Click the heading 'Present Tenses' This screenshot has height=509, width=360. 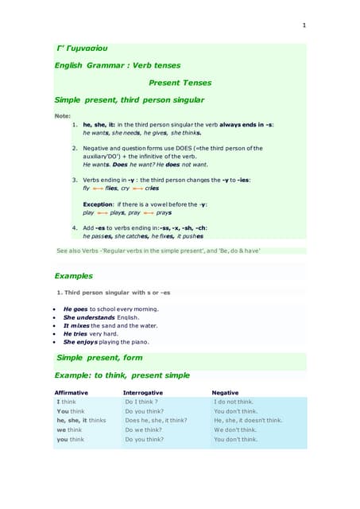click(180, 83)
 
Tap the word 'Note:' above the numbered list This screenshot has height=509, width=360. click(62, 116)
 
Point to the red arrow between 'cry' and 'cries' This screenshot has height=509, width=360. click(137, 188)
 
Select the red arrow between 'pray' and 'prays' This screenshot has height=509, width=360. click(148, 213)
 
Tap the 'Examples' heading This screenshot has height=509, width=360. click(73, 276)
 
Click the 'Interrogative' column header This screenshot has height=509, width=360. click(143, 393)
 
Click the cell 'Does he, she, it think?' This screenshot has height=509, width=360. click(156, 420)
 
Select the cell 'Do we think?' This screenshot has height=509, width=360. click(145, 429)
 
